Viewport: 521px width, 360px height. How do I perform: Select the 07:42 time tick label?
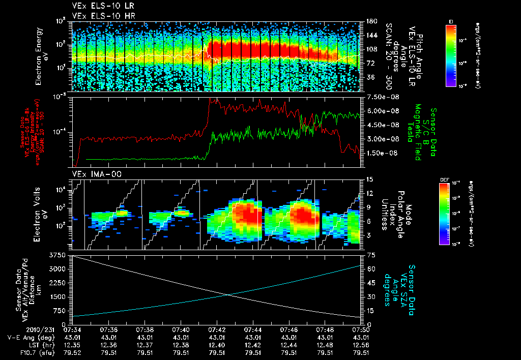click(x=217, y=330)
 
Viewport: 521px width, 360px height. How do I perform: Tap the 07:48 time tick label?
click(x=325, y=330)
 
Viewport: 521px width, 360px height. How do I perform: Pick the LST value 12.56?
click(x=360, y=344)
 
